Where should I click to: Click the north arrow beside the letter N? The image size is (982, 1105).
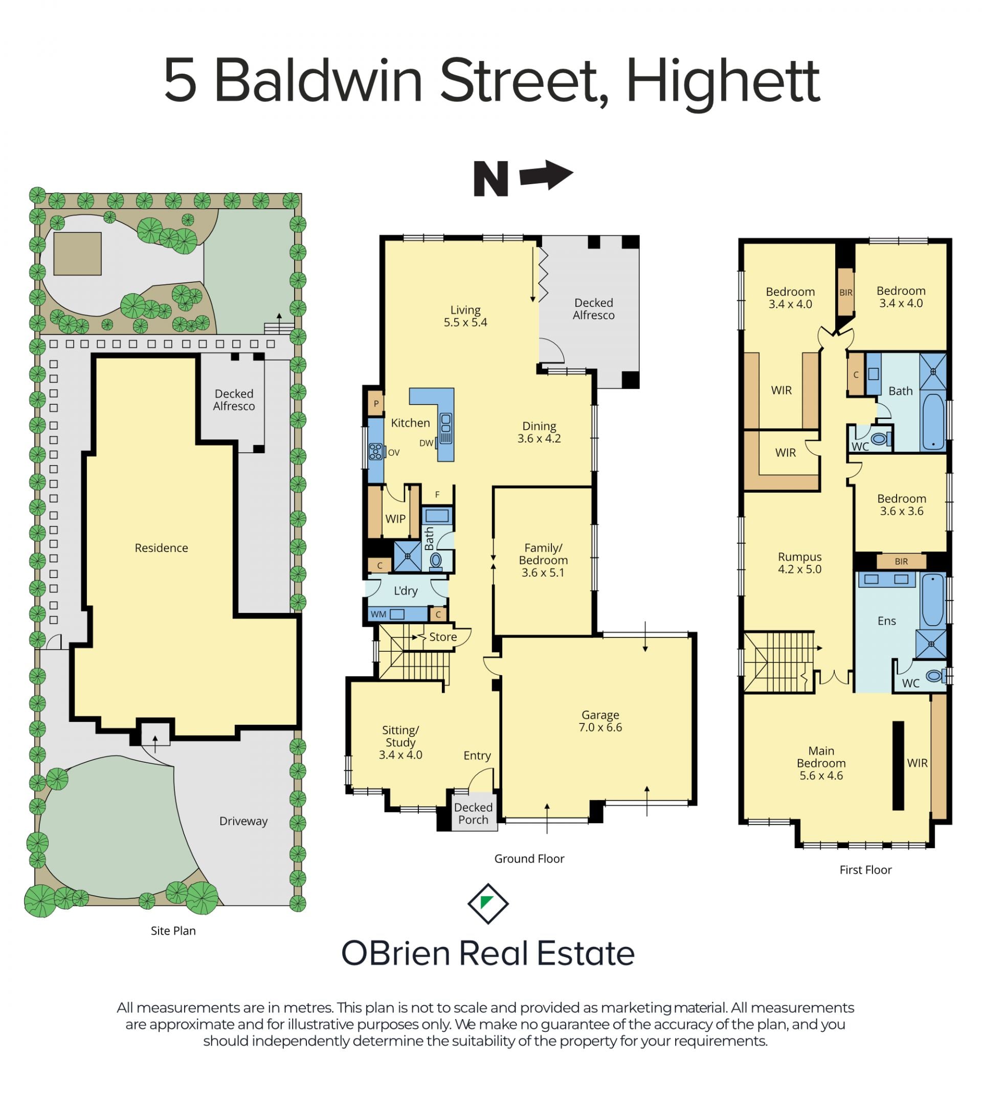(x=546, y=175)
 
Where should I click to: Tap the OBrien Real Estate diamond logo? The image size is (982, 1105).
(x=488, y=903)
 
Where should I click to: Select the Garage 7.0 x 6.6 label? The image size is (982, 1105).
(x=600, y=721)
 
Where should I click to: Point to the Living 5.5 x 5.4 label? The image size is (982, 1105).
(x=465, y=316)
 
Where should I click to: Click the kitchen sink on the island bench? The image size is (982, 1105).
(x=446, y=428)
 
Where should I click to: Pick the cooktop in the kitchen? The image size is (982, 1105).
(x=375, y=451)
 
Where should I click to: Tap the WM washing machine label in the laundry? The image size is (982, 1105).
(x=378, y=614)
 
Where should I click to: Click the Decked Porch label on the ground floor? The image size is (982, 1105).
(x=473, y=813)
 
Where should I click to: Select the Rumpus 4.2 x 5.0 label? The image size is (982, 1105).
(x=799, y=563)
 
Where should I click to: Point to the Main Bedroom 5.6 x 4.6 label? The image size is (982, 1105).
(x=821, y=763)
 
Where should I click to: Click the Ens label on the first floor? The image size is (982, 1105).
(x=886, y=621)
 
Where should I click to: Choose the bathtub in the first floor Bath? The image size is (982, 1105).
(x=933, y=422)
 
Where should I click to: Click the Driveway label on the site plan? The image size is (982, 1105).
(x=243, y=821)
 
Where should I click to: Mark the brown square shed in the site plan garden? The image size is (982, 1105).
(x=77, y=254)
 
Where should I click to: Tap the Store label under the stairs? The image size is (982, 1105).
(x=442, y=637)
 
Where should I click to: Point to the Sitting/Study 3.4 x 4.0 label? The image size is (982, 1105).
(x=400, y=742)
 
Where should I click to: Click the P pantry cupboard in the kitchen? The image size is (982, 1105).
(x=376, y=403)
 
